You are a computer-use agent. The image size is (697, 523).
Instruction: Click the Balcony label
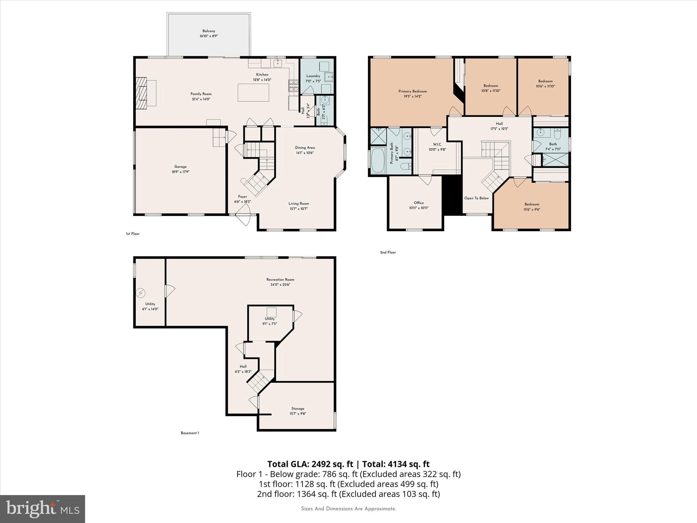(209, 31)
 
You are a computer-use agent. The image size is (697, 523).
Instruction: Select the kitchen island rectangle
(253, 93)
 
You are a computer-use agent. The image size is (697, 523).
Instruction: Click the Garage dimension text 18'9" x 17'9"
(180, 172)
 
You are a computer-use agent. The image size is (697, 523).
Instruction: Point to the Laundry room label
(313, 76)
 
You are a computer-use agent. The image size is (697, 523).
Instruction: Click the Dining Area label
(305, 147)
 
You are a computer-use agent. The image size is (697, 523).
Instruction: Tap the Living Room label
(299, 204)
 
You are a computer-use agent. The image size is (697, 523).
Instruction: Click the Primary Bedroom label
(412, 91)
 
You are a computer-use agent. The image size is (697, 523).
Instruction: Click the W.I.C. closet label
(437, 144)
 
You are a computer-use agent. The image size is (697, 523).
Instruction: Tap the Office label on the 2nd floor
(419, 203)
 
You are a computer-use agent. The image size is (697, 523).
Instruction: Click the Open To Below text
(476, 198)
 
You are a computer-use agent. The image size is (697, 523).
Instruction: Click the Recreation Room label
(280, 280)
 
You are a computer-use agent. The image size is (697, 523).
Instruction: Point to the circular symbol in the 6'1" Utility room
(141, 293)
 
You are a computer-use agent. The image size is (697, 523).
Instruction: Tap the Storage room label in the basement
(298, 409)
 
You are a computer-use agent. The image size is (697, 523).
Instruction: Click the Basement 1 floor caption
(190, 433)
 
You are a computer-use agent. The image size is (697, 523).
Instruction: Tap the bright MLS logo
(43, 509)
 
